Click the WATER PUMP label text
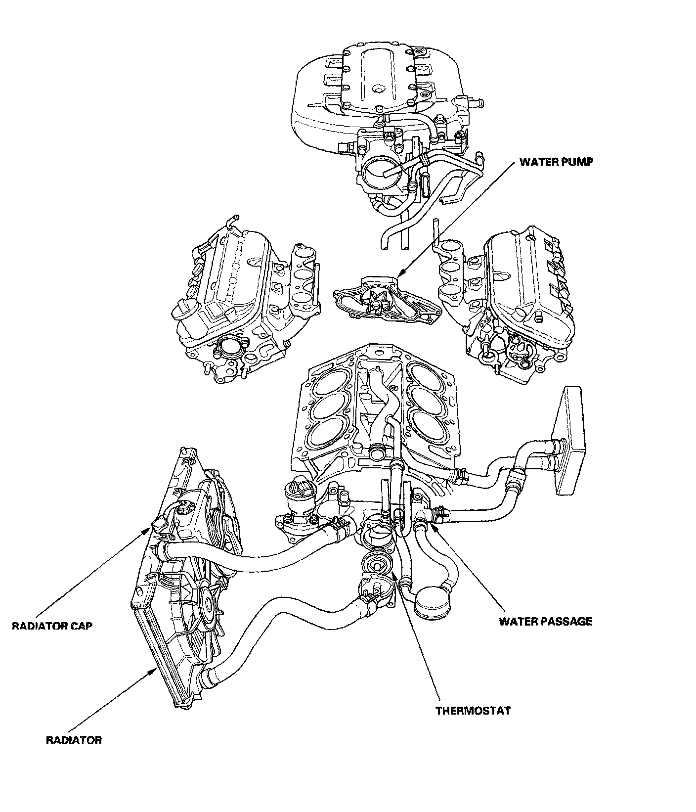coord(555,162)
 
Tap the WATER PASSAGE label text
coord(545,622)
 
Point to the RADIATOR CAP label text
coord(52,626)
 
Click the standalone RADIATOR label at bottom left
coord(74,740)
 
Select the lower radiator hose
coord(277,633)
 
